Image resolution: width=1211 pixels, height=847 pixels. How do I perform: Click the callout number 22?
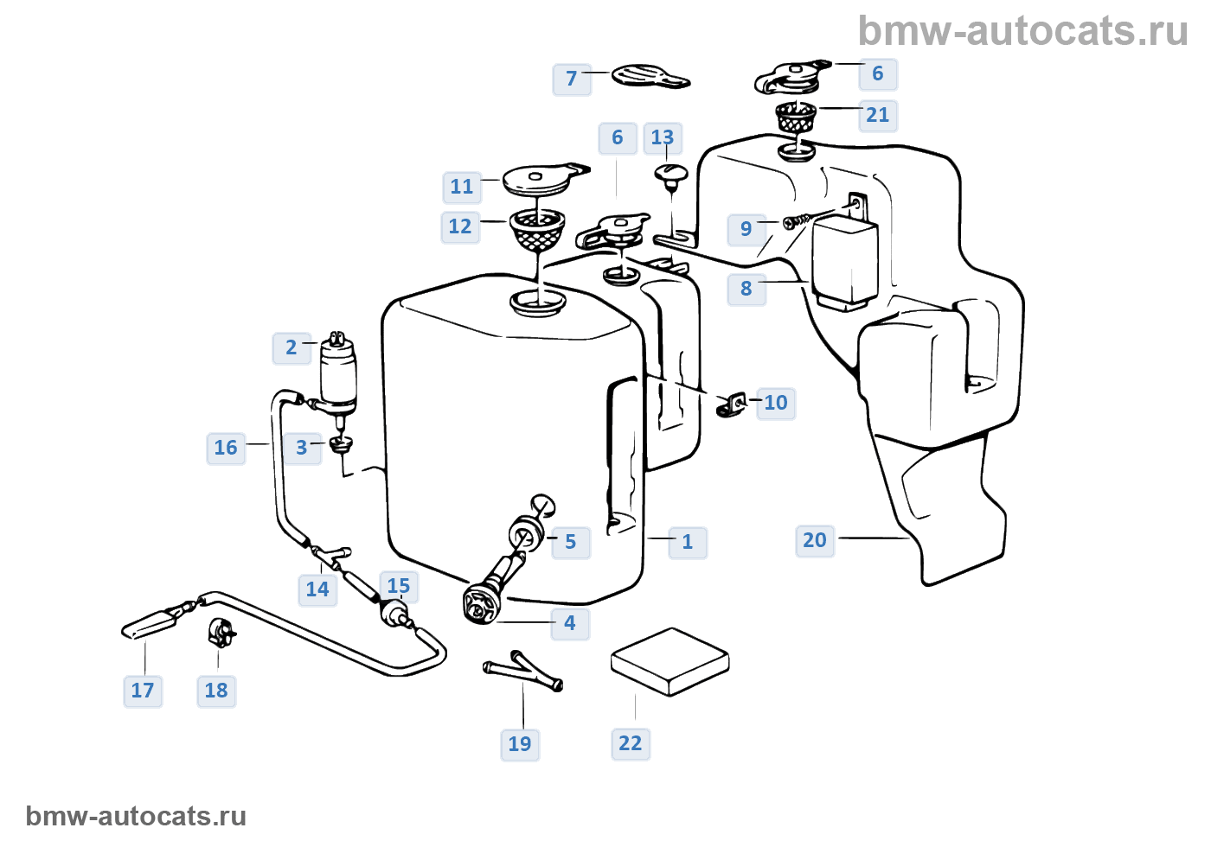coord(631,743)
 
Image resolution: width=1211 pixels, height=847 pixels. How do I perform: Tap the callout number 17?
coord(143,691)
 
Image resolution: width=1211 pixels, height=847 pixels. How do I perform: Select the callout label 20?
coord(815,540)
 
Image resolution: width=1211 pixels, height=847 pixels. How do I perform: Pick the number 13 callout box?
coord(663,137)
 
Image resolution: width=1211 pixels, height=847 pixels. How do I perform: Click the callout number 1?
coord(688,542)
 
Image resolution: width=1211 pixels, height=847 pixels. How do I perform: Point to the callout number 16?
coord(226,448)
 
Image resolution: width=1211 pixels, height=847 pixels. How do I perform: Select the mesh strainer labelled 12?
coord(537,229)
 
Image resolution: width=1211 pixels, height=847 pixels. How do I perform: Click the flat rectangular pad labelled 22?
coord(670,661)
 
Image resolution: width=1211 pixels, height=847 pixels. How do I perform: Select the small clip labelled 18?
coord(221,633)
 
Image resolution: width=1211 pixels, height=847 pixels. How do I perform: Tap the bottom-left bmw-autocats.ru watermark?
coord(136,816)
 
